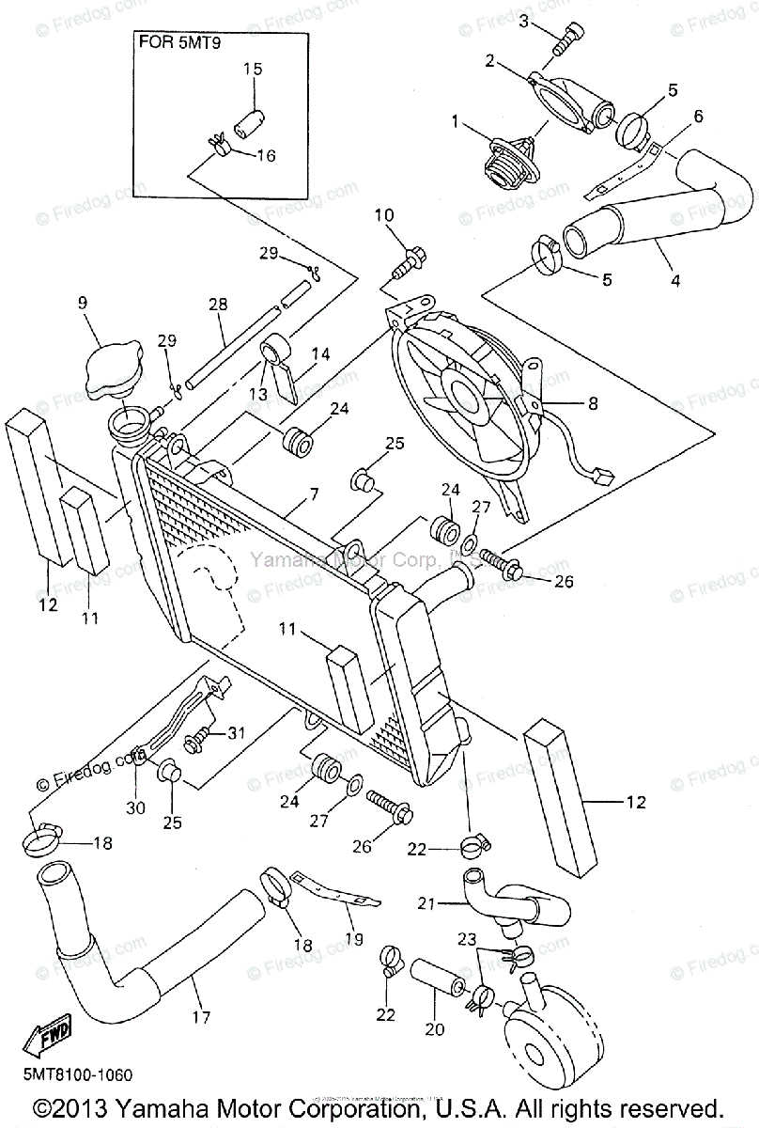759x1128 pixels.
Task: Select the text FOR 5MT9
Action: point(184,41)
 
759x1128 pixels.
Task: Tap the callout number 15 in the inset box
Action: point(253,69)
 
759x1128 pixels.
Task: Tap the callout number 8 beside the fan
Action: point(593,405)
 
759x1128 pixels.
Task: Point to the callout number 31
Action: point(235,733)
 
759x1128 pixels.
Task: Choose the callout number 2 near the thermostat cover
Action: point(490,61)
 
